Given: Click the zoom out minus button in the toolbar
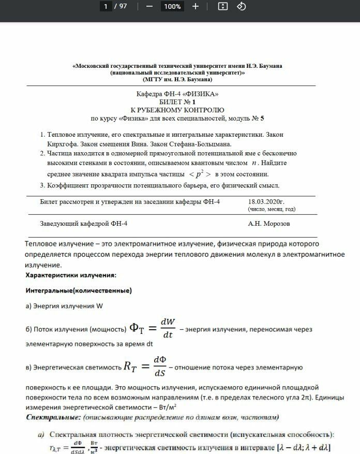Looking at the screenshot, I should tap(149, 6).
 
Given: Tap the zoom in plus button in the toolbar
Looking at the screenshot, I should tap(196, 6).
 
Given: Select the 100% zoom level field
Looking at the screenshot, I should tap(172, 6).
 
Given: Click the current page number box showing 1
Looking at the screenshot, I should tap(106, 6).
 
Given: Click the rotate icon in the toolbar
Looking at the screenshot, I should tap(241, 6).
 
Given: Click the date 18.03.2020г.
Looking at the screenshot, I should tap(266, 201).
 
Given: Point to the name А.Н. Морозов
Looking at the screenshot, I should tap(269, 224).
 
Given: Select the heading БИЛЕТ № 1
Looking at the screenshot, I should tap(177, 102).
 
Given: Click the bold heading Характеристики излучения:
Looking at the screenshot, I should tap(71, 275).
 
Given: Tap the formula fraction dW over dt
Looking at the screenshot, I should tap(167, 328).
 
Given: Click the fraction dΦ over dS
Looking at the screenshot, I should tap(159, 367).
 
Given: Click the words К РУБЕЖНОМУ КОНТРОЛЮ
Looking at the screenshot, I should tap(177, 110).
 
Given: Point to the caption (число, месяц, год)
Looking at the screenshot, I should tap(272, 209).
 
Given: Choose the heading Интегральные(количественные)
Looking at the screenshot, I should tap(79, 290).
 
